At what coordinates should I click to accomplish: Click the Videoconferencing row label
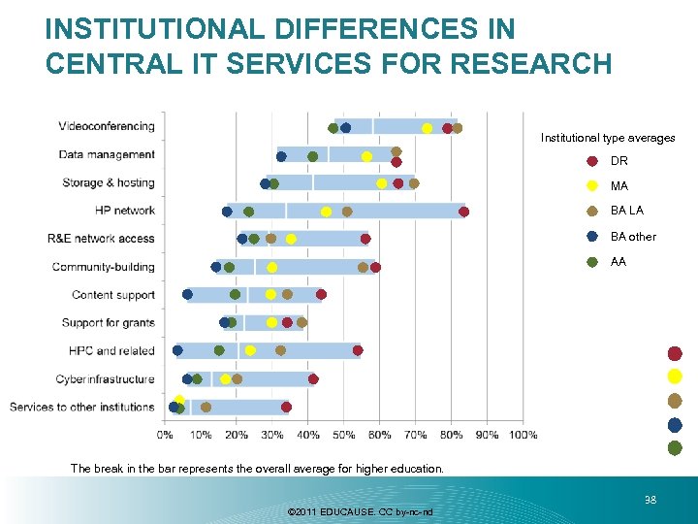click(107, 126)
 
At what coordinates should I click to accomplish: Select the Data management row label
click(107, 154)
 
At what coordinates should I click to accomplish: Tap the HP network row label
click(125, 210)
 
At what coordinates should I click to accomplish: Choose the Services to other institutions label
click(82, 407)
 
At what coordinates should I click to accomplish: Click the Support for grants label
click(108, 322)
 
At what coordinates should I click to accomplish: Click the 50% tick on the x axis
click(344, 435)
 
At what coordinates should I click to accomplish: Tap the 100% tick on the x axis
click(523, 435)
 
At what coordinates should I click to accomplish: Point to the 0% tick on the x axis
click(166, 435)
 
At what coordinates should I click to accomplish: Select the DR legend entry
click(619, 161)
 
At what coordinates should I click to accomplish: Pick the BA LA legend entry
click(626, 211)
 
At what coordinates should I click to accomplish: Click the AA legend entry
click(619, 262)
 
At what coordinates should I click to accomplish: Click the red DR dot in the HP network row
click(463, 212)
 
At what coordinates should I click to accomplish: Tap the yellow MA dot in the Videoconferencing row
click(427, 128)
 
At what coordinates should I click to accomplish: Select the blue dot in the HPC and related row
click(177, 350)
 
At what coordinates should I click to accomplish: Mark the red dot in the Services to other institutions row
click(286, 407)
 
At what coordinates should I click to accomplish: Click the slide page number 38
click(650, 501)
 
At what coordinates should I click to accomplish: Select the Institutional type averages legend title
click(608, 138)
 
